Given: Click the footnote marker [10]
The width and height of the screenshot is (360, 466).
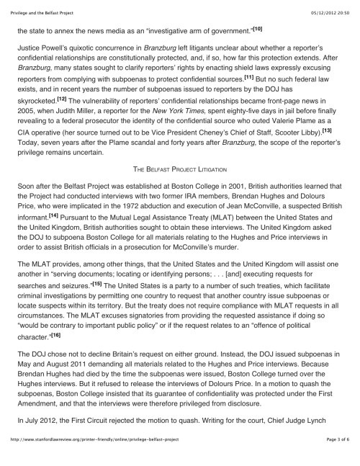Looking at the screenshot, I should point(258,28).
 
